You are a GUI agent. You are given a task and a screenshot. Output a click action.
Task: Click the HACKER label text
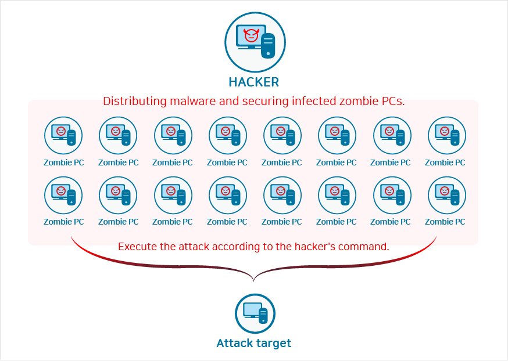click(x=254, y=82)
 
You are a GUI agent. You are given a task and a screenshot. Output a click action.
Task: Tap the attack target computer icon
click(x=255, y=313)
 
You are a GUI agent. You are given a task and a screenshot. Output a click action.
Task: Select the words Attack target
click(x=254, y=343)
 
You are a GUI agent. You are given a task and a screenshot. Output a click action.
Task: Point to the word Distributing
click(x=133, y=102)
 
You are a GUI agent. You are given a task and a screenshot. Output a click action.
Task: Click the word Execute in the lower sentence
click(x=137, y=247)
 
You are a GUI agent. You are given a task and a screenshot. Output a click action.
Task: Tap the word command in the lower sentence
click(x=367, y=247)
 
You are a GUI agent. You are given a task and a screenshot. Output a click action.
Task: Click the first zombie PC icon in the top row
click(x=63, y=136)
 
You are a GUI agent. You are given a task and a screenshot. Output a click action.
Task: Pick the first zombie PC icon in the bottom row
click(x=63, y=195)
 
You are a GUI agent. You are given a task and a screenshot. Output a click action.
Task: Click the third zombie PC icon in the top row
click(x=173, y=136)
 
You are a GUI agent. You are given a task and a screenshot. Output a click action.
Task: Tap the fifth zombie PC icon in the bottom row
click(x=282, y=195)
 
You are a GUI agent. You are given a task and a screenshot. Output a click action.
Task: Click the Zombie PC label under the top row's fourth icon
click(x=227, y=163)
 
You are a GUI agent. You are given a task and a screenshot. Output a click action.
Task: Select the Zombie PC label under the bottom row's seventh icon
click(x=391, y=222)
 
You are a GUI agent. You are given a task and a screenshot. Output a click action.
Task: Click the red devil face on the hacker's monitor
click(x=251, y=35)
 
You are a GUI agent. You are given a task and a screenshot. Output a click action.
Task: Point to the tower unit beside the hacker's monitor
click(x=267, y=45)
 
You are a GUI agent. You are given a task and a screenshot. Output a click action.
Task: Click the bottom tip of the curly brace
click(x=254, y=281)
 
